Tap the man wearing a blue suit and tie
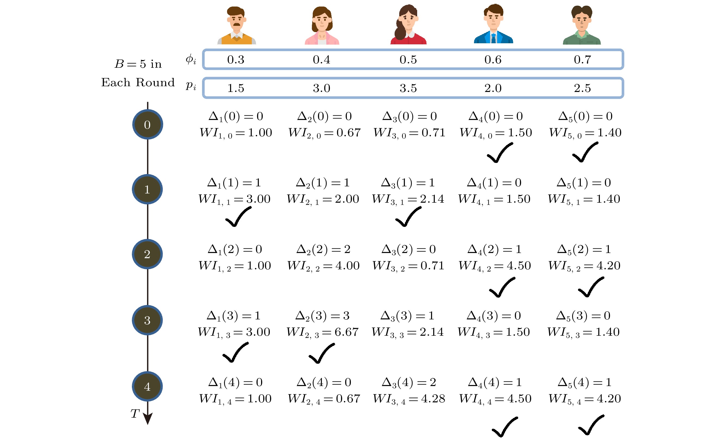pos(493,24)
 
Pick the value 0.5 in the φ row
pos(408,60)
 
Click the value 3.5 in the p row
pos(408,88)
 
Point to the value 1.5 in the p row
pos(236,88)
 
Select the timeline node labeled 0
pos(147,124)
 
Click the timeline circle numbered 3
pos(147,320)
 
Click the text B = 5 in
pos(138,64)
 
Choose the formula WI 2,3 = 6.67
pos(322,332)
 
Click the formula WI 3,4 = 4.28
pos(409,399)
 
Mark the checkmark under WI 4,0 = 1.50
pos(500,153)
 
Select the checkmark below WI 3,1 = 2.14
pos(408,217)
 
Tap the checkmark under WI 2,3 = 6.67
pos(321,353)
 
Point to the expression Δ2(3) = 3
pos(322,316)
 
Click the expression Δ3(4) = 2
pos(409,382)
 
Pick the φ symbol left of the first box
pos(191,59)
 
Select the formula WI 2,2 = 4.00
pos(323,266)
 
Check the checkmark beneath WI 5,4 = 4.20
pos(591,425)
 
